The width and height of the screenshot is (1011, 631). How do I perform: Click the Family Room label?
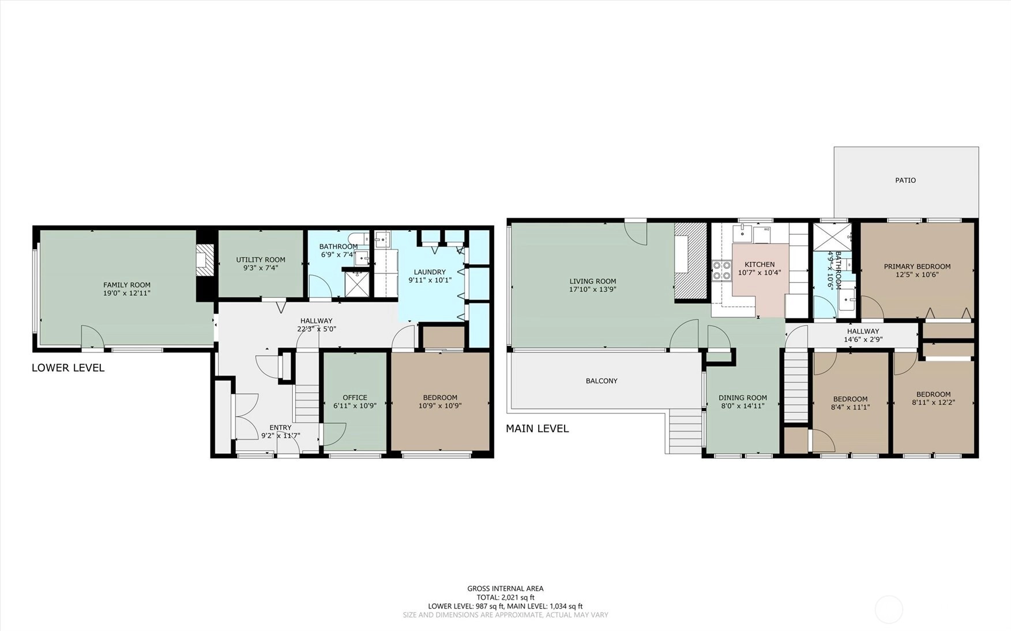click(127, 285)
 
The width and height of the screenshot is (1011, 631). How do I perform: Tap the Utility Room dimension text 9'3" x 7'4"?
click(261, 268)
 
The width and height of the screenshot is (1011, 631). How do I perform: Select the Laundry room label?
click(430, 272)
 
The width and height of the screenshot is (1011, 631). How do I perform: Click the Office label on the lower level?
click(355, 397)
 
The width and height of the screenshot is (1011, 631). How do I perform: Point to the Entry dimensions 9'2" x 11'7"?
click(281, 435)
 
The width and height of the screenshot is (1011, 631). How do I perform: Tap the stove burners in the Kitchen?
click(721, 271)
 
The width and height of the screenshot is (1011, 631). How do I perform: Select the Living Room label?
click(593, 281)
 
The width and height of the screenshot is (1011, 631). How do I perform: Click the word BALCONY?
click(602, 381)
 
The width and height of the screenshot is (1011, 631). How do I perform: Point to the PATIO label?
click(905, 180)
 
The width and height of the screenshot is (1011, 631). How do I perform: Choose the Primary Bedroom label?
click(917, 266)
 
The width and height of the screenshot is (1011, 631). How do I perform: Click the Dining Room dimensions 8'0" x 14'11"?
click(743, 405)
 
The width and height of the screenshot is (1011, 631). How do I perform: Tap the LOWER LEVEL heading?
click(68, 367)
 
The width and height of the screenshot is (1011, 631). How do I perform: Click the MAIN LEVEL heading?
click(537, 429)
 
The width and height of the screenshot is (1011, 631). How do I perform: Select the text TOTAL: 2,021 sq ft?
click(505, 598)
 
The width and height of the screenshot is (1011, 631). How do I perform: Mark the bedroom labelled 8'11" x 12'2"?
click(933, 403)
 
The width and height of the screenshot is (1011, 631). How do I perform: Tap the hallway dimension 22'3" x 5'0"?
click(316, 329)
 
